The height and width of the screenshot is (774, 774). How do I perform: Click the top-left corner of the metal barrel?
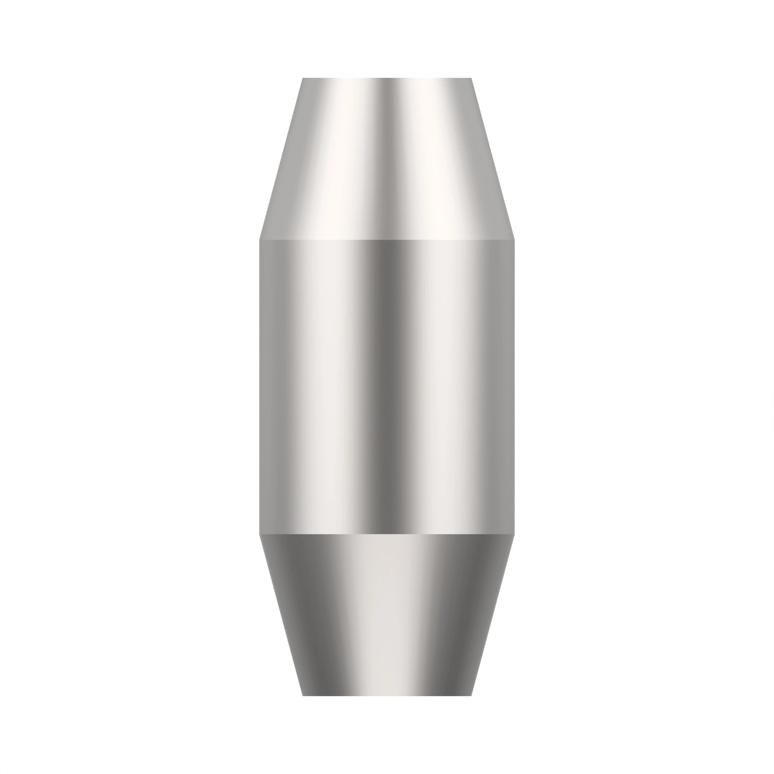[x=303, y=78]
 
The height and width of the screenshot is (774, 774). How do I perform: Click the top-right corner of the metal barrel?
[x=471, y=78]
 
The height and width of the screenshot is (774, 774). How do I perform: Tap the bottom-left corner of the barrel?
[x=303, y=695]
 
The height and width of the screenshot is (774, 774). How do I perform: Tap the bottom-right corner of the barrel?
[x=471, y=695]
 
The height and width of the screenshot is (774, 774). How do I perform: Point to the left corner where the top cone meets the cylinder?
[x=260, y=240]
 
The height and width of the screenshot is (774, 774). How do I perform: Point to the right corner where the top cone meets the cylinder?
[x=514, y=240]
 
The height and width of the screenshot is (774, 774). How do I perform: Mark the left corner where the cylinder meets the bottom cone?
[x=260, y=534]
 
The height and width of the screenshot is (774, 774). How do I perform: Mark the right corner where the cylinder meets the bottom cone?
[x=514, y=534]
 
